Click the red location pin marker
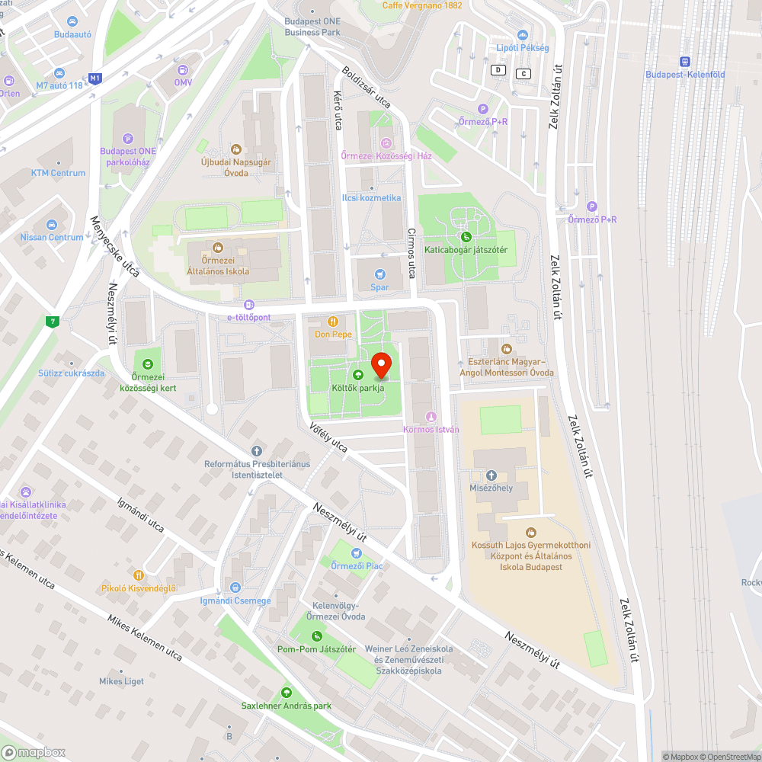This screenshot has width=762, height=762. point(381,366)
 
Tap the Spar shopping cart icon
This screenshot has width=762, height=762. point(379,274)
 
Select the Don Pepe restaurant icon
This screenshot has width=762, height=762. point(332,322)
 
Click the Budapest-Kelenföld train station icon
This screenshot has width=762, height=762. point(684,61)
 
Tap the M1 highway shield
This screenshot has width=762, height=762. point(95,78)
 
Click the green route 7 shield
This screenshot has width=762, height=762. point(52,321)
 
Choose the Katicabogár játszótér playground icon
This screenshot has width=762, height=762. point(466,236)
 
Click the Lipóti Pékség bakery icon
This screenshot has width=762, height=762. point(522,34)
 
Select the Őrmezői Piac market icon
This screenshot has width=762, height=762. point(356,552)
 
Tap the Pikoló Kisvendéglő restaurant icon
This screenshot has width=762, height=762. point(139,575)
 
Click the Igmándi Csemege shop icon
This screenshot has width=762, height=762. point(235,588)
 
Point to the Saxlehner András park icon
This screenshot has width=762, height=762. point(287,693)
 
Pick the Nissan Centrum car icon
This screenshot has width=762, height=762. point(52,225)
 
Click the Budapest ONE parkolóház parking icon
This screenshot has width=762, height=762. point(127,138)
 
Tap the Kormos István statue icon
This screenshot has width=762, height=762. point(431,416)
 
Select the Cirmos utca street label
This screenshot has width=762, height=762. point(411,252)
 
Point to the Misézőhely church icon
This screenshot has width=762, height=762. point(491,475)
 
